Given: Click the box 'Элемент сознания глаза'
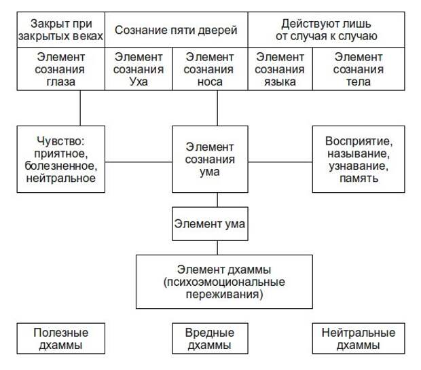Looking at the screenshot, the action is tap(61, 69).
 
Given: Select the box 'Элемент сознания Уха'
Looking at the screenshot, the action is tap(139, 69).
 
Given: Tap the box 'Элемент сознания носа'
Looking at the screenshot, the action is tap(210, 69).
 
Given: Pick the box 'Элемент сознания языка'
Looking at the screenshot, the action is tap(280, 69).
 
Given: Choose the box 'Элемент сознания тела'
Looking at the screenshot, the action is tap(359, 69).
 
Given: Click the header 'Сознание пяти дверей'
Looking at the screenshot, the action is tap(177, 30).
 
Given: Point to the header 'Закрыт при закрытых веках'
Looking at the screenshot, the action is tap(61, 30).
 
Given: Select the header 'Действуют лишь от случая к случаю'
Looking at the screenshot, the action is tap(327, 30).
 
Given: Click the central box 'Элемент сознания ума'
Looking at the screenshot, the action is tap(210, 160).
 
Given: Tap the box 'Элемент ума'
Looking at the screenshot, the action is tap(210, 223).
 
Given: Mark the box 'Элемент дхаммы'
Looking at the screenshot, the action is tap(224, 282).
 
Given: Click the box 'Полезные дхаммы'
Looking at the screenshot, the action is tap(61, 338).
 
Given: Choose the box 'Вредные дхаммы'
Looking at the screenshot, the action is tap(210, 338).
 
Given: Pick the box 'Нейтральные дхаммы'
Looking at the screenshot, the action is tap(359, 338).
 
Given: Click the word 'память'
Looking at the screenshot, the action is tap(359, 179).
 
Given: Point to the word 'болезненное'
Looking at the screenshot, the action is tap(61, 166).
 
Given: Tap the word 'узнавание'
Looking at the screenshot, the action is tap(359, 166).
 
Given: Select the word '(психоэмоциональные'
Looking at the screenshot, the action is tap(224, 282).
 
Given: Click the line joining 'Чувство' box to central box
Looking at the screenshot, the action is tap(139, 162).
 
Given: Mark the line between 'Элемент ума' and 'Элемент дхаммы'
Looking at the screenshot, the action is tap(217, 248).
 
